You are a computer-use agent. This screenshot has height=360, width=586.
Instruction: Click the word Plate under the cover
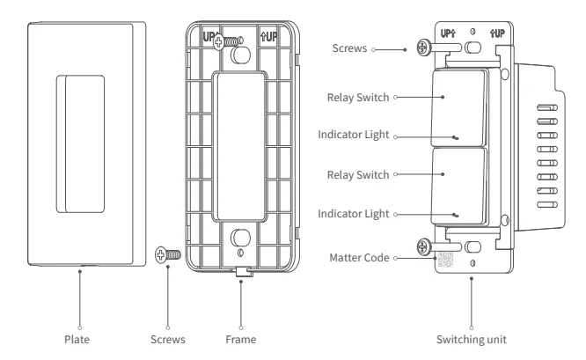[x=79, y=335]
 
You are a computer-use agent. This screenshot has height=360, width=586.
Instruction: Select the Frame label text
[x=240, y=335]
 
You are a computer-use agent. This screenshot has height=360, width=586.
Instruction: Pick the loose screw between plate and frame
[x=165, y=255]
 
